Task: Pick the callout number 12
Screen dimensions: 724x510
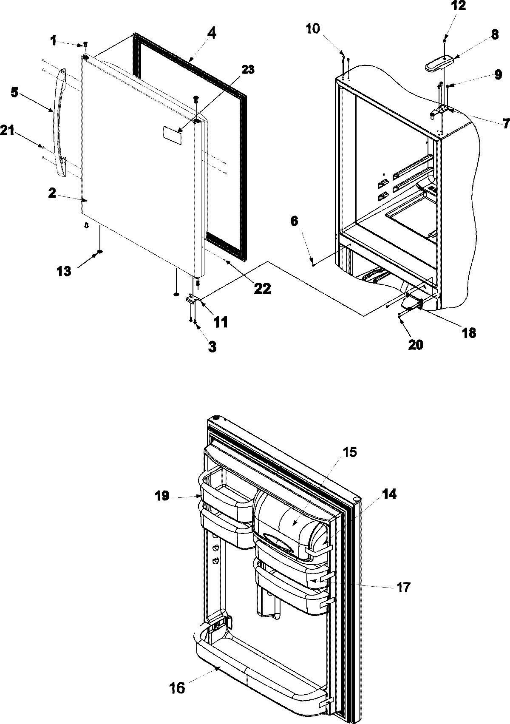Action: (446, 6)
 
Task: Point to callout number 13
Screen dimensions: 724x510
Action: (64, 270)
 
